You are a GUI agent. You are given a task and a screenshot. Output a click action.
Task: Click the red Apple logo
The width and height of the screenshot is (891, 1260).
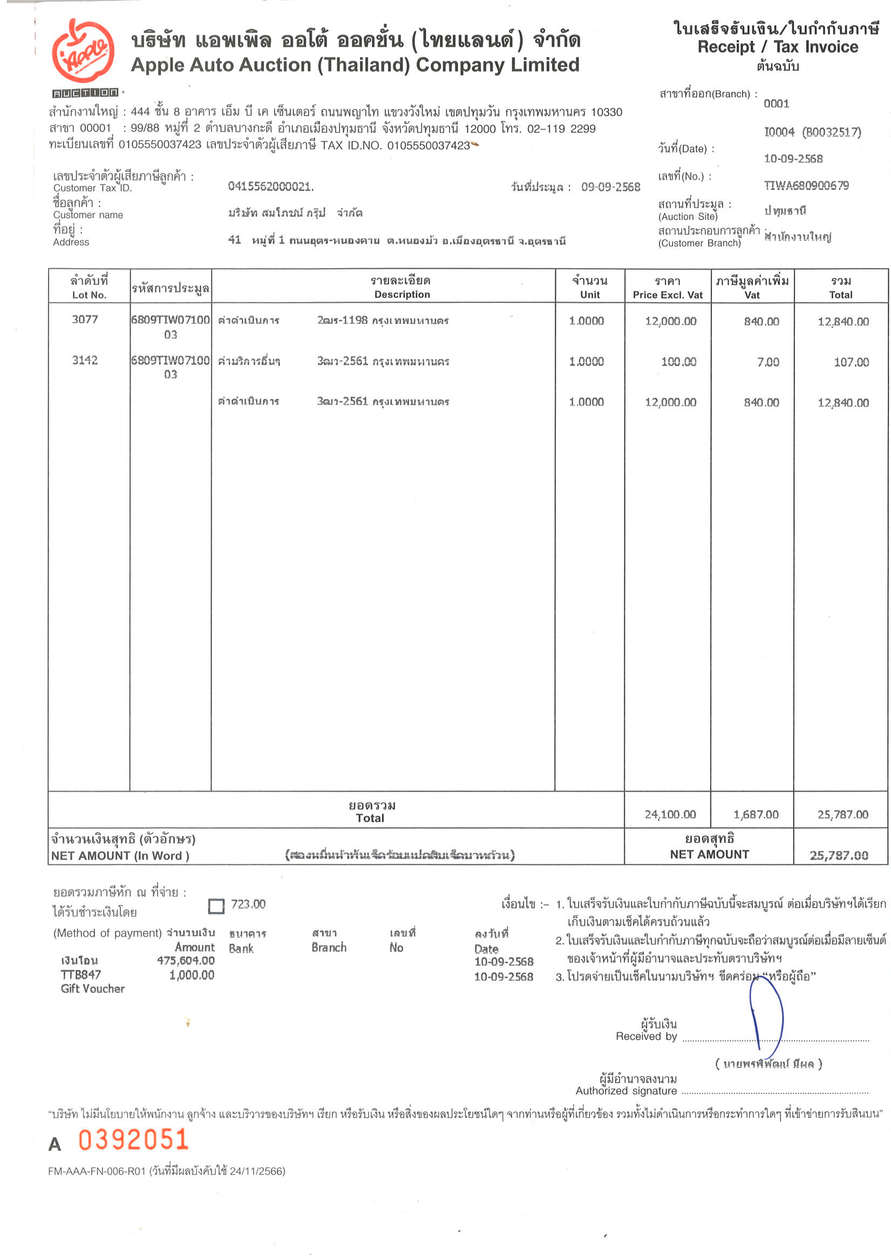coord(83,51)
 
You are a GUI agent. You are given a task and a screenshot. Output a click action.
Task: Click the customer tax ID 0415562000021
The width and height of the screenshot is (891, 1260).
coord(271,187)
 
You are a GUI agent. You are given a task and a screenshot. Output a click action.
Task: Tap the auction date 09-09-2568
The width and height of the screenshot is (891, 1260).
coord(610,187)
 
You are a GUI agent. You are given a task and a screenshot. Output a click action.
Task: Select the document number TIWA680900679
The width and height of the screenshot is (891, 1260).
coord(806,186)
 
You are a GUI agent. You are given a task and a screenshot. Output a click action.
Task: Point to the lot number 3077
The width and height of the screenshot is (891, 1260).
coord(85,319)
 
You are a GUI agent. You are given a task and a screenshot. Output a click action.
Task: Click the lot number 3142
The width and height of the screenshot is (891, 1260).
coord(85,360)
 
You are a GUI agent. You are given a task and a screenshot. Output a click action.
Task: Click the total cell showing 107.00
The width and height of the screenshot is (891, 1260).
coord(851,362)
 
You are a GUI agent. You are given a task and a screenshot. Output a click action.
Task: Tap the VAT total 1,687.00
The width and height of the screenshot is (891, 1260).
coord(756,814)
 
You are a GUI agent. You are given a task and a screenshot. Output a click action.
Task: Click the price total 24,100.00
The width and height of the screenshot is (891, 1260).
coord(670,814)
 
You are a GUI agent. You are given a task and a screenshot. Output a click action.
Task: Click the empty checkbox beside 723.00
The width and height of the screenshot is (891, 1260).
coord(216,906)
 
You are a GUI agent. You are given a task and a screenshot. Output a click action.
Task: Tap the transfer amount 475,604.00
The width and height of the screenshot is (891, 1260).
coord(186,961)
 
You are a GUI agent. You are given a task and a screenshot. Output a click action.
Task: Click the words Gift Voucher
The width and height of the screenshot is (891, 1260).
coord(93,989)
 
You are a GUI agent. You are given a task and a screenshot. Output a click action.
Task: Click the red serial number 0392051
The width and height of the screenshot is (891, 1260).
coord(133,1139)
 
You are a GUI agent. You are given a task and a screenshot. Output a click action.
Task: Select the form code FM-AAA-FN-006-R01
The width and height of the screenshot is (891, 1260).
coord(97,1171)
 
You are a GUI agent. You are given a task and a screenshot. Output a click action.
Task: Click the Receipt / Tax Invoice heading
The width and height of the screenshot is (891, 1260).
coord(777,47)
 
